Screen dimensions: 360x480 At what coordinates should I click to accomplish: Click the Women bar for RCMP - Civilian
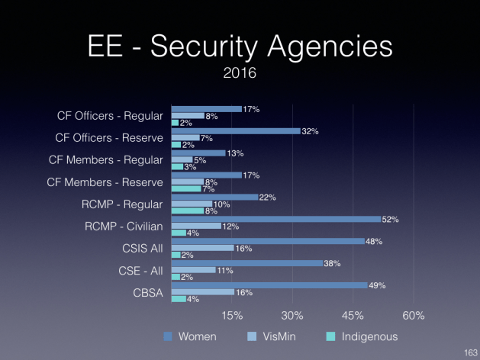275,219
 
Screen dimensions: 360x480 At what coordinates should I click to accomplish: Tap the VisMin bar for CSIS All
202,248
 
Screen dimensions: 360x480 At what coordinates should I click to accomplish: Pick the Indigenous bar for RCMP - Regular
187,211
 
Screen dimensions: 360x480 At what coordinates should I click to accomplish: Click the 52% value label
391,220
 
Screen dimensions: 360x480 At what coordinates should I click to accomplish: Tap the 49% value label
377,286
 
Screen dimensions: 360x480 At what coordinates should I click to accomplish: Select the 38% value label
332,264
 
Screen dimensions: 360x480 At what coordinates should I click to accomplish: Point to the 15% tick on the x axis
232,317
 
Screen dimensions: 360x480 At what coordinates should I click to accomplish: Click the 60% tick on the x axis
413,317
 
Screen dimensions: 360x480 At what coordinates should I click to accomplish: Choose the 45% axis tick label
353,317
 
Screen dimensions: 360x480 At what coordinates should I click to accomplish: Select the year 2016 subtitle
240,76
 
